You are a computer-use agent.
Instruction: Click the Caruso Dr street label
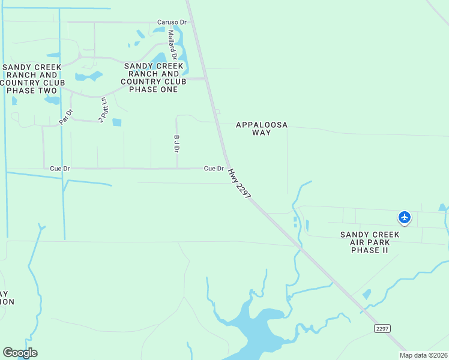point(172,22)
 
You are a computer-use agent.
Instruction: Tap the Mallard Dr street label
point(172,46)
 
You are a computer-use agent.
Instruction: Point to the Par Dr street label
point(65,116)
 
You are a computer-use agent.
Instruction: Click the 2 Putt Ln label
point(104,110)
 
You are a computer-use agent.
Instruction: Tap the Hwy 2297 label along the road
point(239,184)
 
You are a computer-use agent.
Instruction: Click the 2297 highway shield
point(382,328)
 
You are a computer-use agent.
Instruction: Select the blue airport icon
point(405,217)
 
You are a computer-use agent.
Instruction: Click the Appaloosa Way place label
point(262,128)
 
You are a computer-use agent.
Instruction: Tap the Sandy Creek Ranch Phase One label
point(154,77)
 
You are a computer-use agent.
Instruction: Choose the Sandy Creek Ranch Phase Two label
point(31,79)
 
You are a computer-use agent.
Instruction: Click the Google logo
point(20,353)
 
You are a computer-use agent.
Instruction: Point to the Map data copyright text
point(423,355)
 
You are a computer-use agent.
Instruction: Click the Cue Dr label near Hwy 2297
point(214,169)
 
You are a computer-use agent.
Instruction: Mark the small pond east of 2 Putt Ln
point(116,122)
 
